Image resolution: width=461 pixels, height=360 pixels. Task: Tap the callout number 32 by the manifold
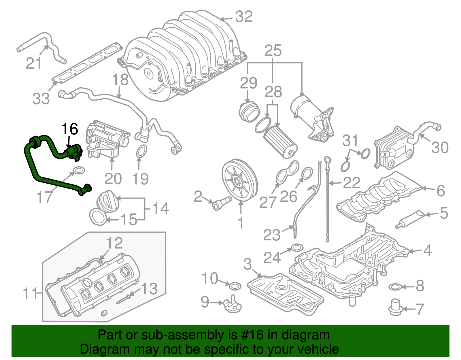click(x=244, y=17)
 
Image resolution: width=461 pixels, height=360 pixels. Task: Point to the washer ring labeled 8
click(x=395, y=287)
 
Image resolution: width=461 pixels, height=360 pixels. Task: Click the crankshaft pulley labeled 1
click(x=240, y=180)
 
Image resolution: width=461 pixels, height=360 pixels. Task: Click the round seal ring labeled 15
click(x=98, y=217)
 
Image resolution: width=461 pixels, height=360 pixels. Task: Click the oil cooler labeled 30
click(x=394, y=147)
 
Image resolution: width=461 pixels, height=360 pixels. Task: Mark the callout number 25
click(x=273, y=51)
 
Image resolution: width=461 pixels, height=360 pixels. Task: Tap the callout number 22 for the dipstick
click(x=352, y=183)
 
